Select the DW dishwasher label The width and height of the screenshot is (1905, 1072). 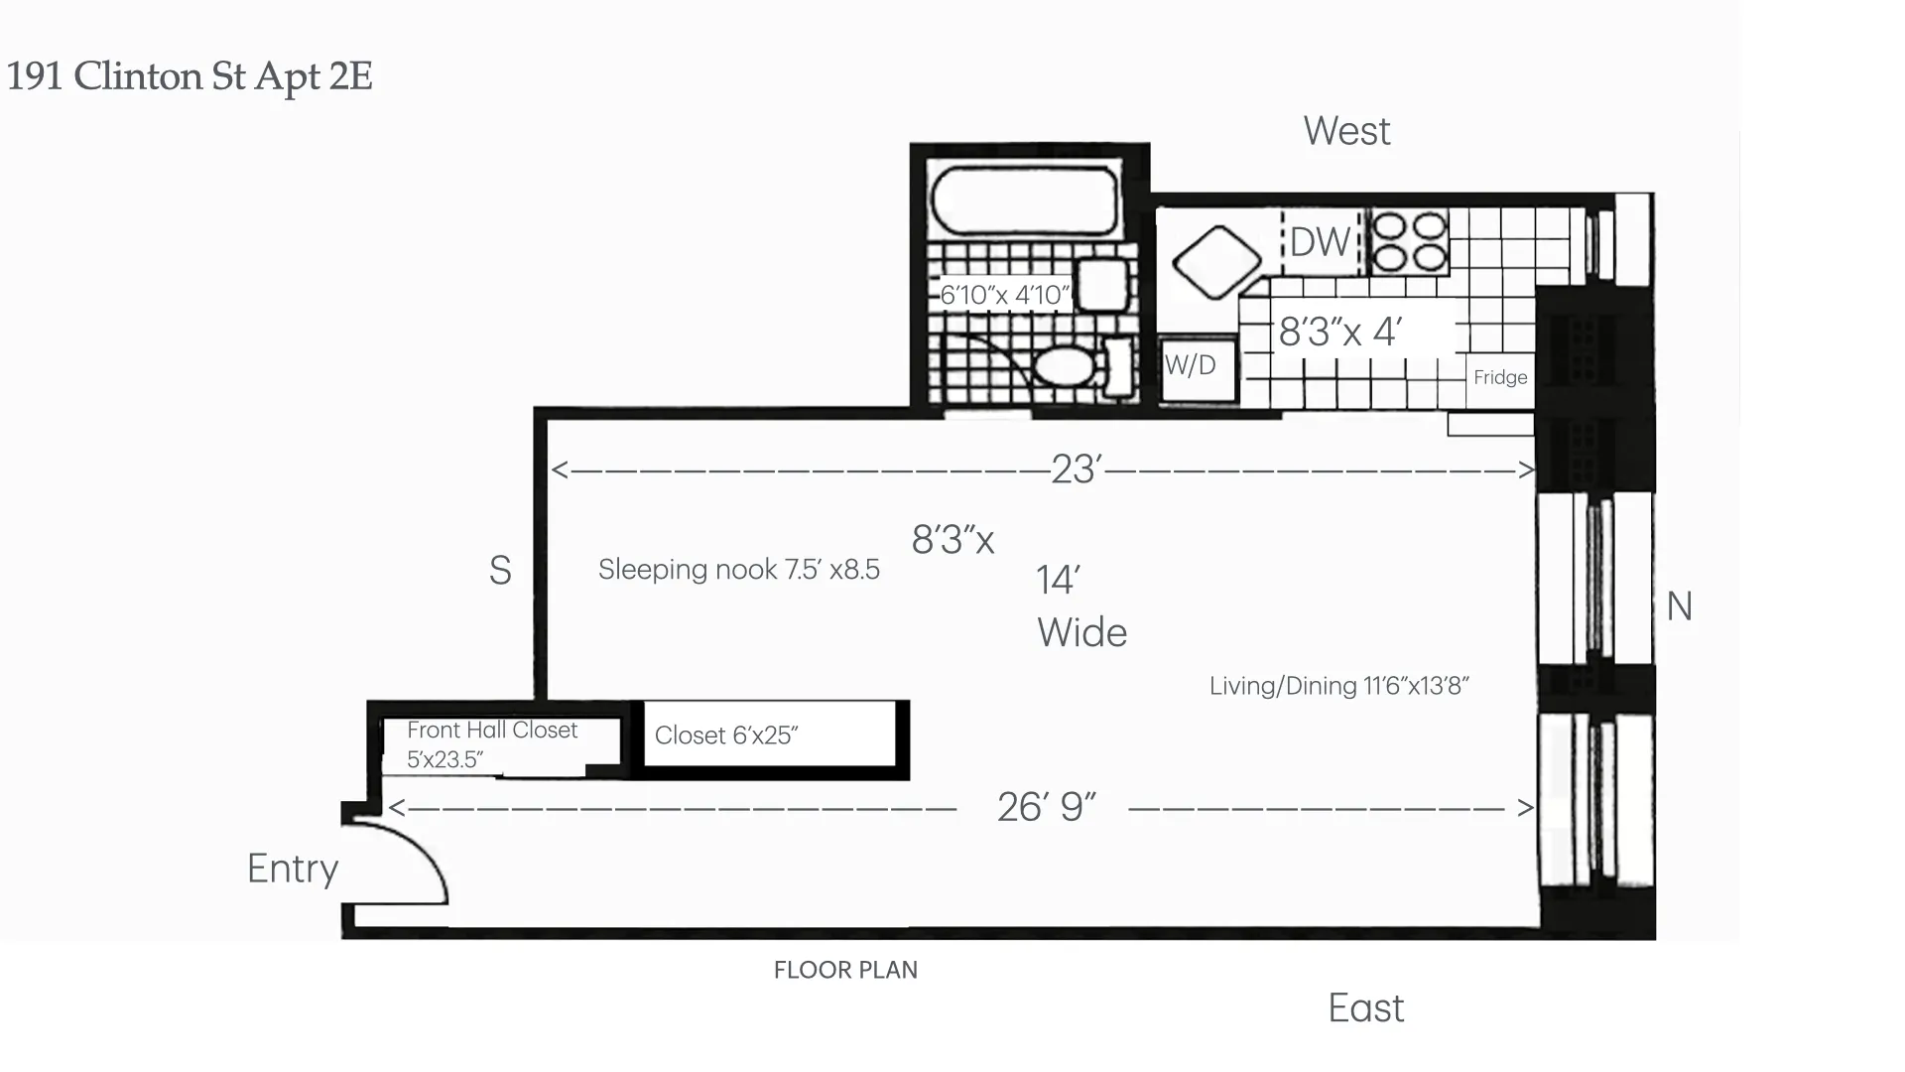coord(1320,242)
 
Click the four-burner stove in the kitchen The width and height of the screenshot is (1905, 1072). coord(1409,241)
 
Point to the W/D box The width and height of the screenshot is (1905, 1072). coord(1199,368)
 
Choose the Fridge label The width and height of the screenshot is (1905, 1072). coord(1500,377)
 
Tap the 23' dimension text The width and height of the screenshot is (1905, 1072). coord(1077,469)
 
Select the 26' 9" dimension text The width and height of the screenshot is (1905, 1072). coord(1046,808)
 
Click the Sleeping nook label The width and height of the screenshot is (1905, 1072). coord(738,570)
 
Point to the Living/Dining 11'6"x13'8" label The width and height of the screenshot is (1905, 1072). coord(1338,686)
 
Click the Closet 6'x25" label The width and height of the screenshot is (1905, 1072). coord(726,736)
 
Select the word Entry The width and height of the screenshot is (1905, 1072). coord(293,869)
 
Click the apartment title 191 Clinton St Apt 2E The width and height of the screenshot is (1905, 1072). coord(190,76)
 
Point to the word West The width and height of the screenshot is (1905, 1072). coord(1346,131)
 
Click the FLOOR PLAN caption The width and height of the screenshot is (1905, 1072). coord(845,970)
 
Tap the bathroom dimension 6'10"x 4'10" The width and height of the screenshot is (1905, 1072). coord(1005,295)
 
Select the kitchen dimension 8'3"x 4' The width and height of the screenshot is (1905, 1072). coord(1339,332)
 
